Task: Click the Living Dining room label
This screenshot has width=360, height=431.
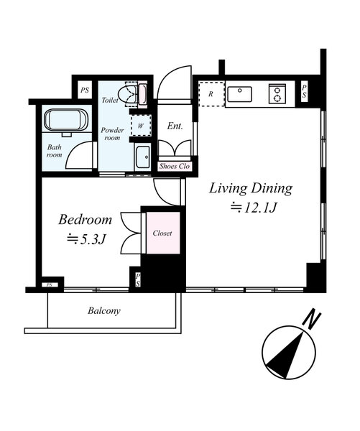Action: coord(251,189)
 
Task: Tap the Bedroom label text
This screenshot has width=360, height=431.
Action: coord(86,220)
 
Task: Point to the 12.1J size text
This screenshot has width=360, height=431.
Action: coord(253,208)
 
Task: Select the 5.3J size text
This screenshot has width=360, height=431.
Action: coord(86,240)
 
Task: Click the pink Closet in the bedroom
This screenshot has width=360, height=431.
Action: coord(163,233)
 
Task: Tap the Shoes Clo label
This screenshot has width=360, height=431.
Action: coord(175,167)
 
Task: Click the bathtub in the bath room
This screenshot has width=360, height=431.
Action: coord(66,120)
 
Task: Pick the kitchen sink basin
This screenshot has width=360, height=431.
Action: coord(239,94)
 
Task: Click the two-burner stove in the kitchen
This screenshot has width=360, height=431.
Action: coord(277,93)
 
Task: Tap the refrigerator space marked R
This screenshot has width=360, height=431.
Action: coord(211,94)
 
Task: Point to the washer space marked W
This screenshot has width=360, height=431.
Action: coord(141,126)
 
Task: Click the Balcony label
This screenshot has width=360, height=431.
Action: coord(104,311)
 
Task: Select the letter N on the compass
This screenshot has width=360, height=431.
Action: coord(312,318)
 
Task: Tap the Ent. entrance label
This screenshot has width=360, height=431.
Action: coord(175,126)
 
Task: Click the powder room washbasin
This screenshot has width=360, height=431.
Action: coord(143,158)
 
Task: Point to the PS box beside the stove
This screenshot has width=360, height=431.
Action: coord(304,91)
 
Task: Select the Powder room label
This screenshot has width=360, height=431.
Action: coord(112,134)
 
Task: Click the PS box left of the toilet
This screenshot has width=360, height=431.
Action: coord(85,90)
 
